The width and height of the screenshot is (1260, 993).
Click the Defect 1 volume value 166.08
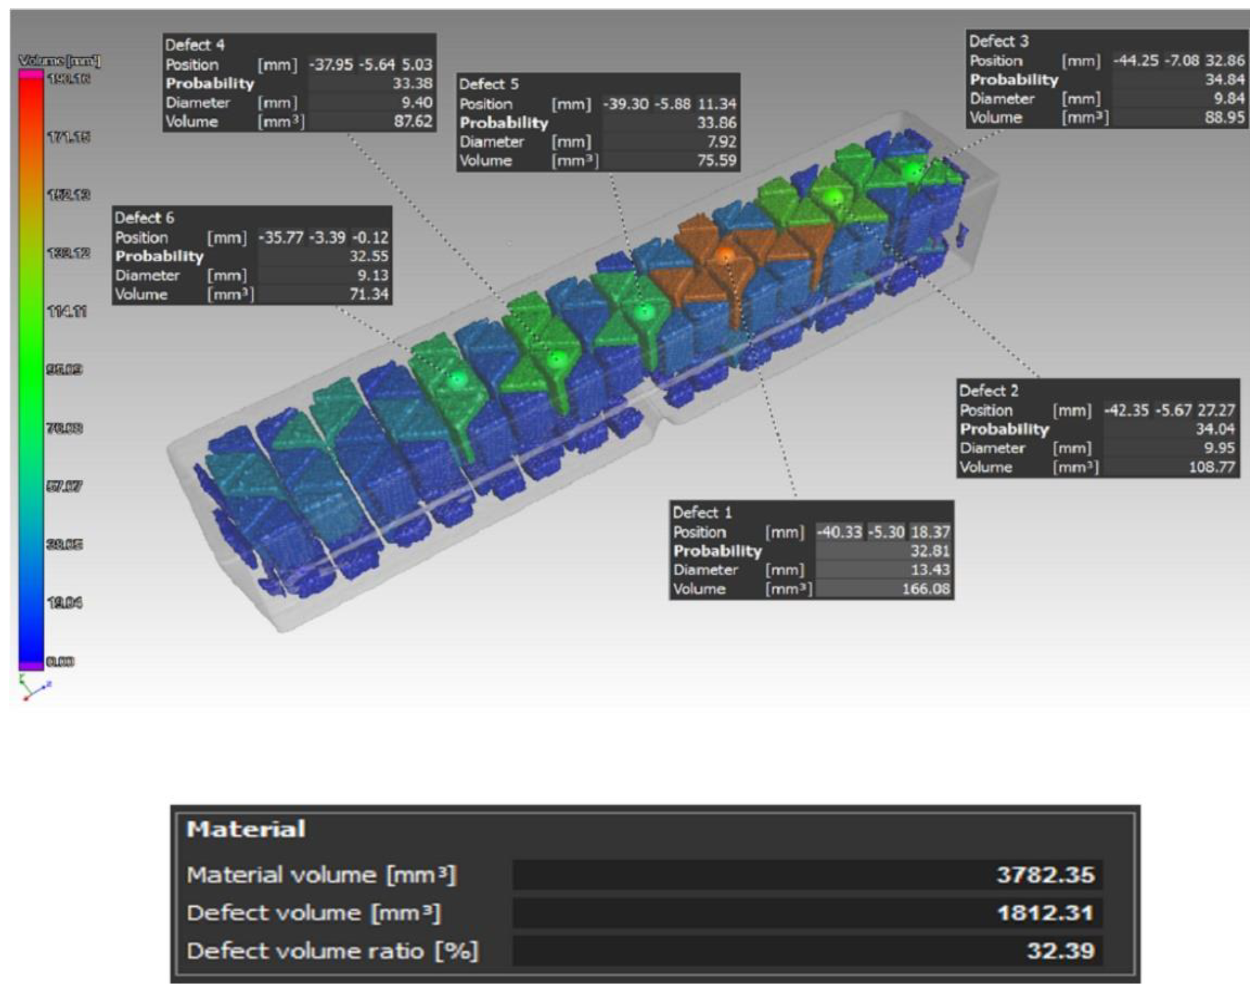[x=925, y=589]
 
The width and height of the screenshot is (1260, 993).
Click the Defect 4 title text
[x=194, y=45]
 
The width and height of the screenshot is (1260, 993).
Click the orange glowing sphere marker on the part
[x=724, y=255]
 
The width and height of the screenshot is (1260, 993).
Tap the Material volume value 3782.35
[x=1045, y=875]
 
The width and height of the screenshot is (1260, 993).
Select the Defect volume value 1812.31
[x=1045, y=913]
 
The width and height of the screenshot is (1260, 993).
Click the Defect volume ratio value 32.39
[x=1060, y=951]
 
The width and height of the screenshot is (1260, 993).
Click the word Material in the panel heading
[x=245, y=829]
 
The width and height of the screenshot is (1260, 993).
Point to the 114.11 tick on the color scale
[x=66, y=312]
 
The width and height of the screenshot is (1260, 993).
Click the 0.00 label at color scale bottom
[x=60, y=662]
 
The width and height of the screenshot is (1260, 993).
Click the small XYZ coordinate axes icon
[x=34, y=687]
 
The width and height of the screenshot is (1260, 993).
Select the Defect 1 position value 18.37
[x=930, y=532]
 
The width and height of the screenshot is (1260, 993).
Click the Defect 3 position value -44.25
[x=1135, y=60]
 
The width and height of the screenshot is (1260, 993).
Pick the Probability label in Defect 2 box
[x=1004, y=429]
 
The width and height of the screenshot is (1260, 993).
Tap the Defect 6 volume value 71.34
[x=368, y=294]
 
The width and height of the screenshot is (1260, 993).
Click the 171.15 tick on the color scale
[x=68, y=137]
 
